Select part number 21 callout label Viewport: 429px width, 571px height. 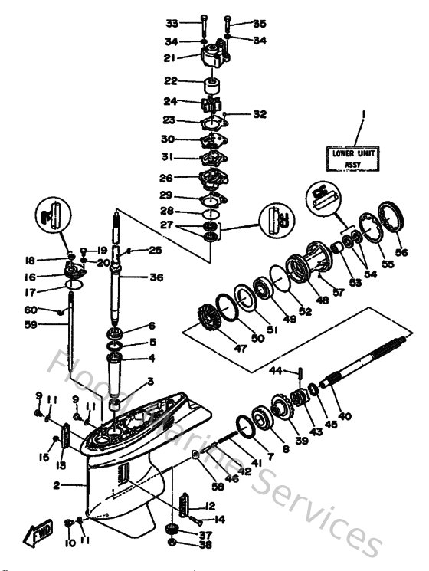(x=170, y=57)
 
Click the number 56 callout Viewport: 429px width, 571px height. (x=401, y=252)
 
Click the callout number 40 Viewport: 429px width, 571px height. (x=345, y=416)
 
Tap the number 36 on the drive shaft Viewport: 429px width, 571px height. (x=157, y=277)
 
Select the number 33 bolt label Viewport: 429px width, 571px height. (x=172, y=23)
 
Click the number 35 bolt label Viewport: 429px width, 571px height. (x=259, y=23)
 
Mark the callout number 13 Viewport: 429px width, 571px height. (x=61, y=465)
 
